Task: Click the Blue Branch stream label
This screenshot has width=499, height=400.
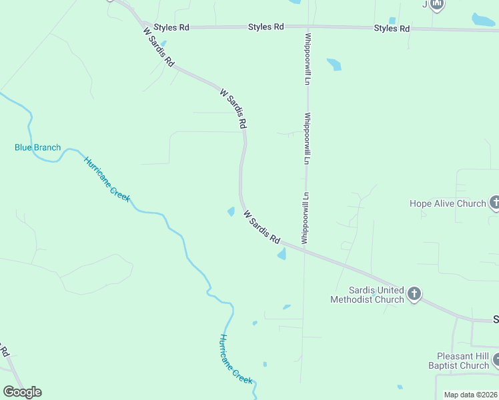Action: pos(38,147)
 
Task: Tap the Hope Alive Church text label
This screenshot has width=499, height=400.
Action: pos(448,203)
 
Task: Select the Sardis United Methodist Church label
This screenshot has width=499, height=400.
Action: pos(368,295)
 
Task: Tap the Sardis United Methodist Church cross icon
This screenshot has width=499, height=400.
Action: pos(414,293)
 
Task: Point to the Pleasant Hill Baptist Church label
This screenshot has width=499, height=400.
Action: pos(459,361)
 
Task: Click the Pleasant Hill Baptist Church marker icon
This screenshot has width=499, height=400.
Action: pos(496,361)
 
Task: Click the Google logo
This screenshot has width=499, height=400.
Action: pos(22,392)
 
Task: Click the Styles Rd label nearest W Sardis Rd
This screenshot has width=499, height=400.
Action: pos(171,27)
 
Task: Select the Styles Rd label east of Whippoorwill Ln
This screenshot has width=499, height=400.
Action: pos(392,28)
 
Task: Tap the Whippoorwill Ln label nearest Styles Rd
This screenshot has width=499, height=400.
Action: pos(308,58)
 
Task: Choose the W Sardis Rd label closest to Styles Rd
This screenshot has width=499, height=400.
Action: pos(159,47)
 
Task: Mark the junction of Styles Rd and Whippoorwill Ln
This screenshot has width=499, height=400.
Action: pos(308,27)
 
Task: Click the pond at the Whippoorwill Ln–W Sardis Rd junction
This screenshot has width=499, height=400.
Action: pos(282,254)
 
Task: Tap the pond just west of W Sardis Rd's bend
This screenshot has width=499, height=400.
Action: pos(231,211)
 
